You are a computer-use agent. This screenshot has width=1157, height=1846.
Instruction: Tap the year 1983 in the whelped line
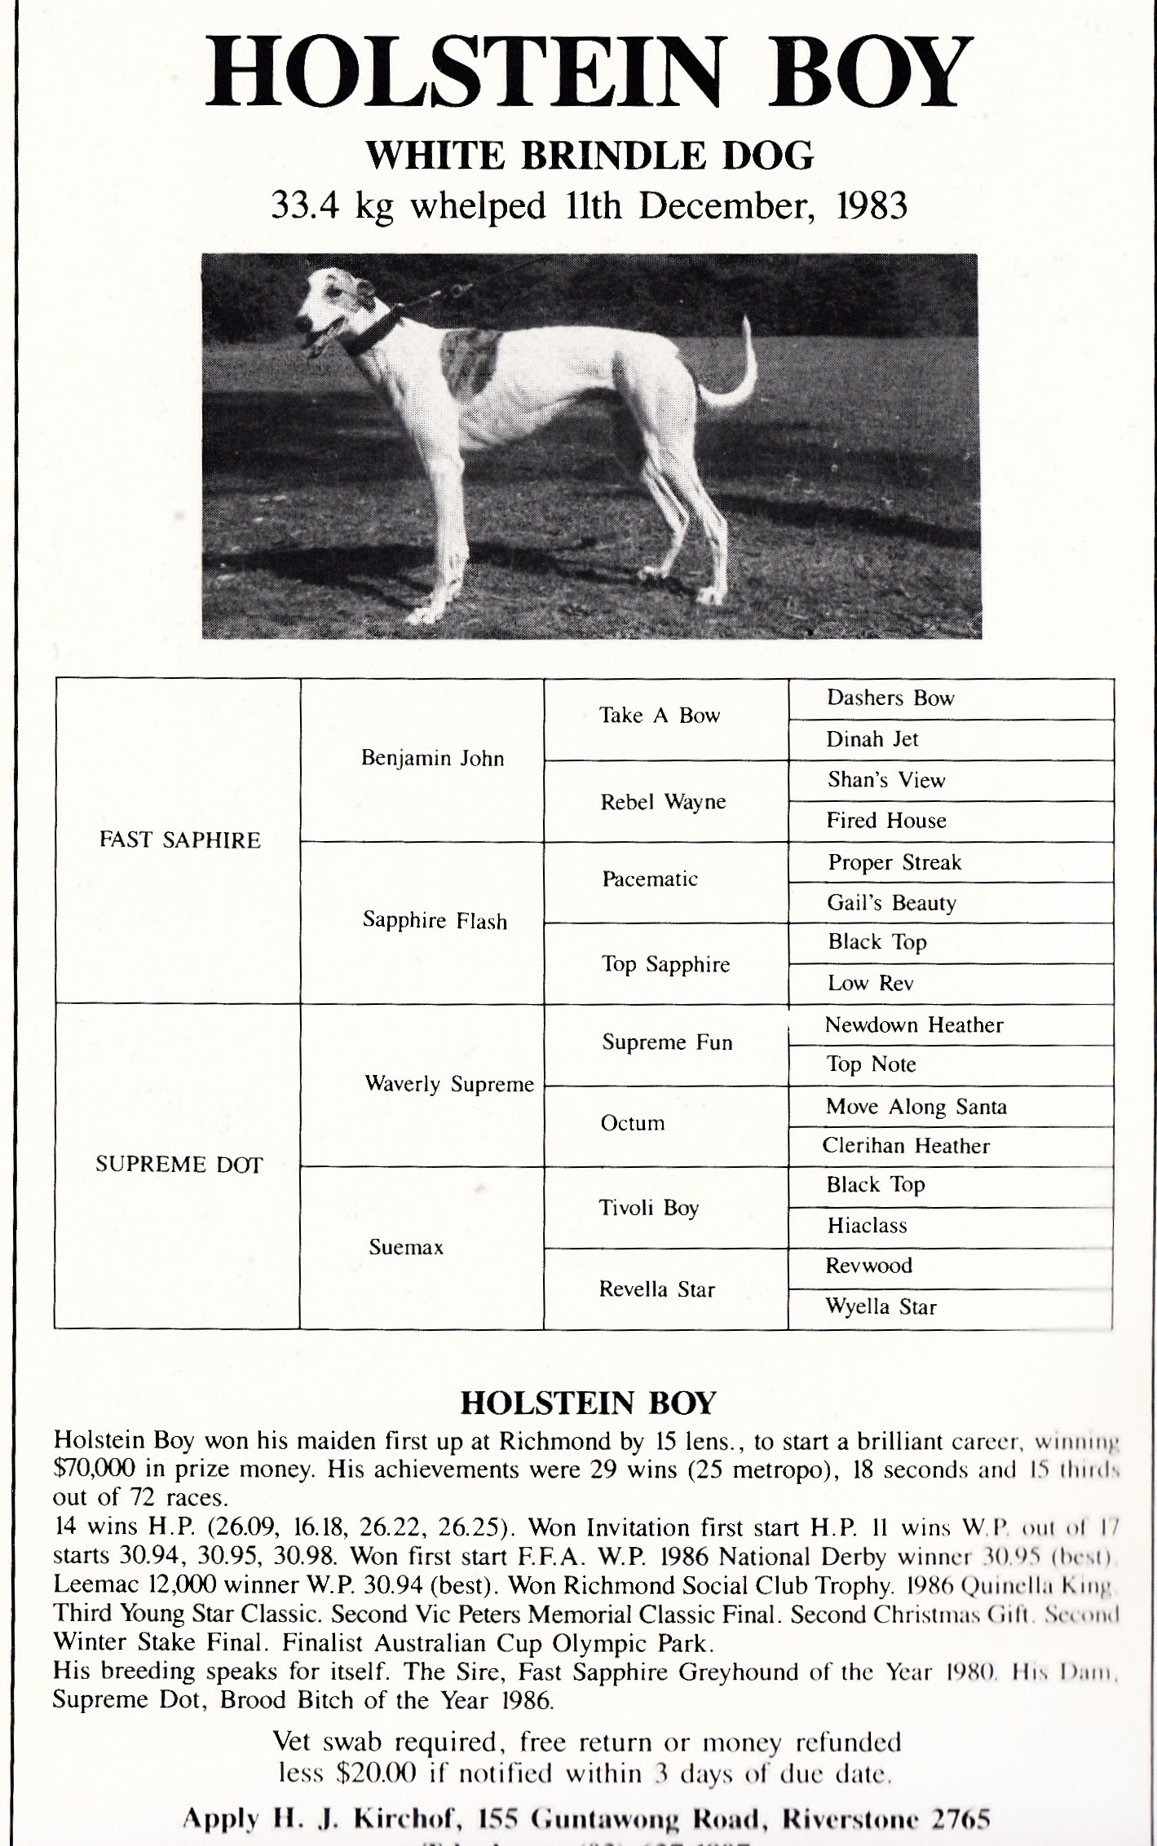(x=872, y=206)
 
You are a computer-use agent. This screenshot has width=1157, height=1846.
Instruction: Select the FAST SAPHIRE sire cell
(x=179, y=840)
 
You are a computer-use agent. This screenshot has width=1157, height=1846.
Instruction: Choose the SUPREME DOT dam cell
(x=179, y=1165)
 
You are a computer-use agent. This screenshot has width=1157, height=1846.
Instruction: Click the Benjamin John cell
(x=432, y=759)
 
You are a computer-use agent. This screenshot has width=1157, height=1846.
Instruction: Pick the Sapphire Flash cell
(x=435, y=921)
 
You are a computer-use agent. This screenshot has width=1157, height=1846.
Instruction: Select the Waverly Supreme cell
(x=448, y=1084)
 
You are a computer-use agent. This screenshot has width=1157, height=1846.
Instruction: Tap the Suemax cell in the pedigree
(x=406, y=1247)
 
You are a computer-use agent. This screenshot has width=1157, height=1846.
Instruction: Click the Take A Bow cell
(x=660, y=716)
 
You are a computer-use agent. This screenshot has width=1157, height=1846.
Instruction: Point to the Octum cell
(x=633, y=1123)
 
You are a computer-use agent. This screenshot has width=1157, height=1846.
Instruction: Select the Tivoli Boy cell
(x=649, y=1207)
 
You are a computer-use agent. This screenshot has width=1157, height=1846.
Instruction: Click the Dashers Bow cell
(x=890, y=698)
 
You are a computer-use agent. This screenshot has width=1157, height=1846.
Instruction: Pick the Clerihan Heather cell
(x=906, y=1146)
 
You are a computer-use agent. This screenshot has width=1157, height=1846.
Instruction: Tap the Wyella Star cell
(x=881, y=1307)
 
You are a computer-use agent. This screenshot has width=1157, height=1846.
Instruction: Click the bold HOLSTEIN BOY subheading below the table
(x=588, y=1403)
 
